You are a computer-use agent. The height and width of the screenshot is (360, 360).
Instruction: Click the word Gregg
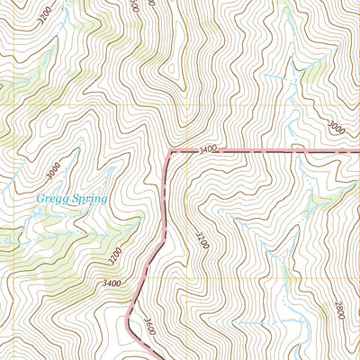coord(51,199)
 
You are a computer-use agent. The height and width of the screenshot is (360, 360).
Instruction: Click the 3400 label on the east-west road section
coord(209,148)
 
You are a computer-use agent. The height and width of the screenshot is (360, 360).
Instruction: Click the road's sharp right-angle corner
coord(168,152)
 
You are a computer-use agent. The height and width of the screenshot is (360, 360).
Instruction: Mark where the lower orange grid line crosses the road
coord(144,276)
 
